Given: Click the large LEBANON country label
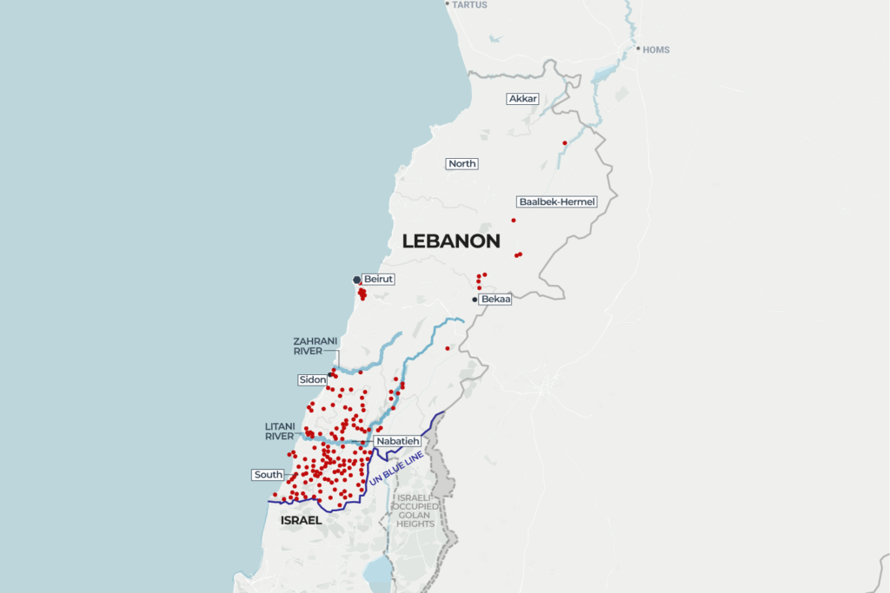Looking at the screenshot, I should point(451,241).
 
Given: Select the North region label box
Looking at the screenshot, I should point(462,163).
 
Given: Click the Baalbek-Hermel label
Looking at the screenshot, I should point(556,201).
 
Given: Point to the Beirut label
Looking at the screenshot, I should point(378,279).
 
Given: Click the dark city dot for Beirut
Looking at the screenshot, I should point(356,280).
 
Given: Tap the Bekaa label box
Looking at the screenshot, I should point(495,299).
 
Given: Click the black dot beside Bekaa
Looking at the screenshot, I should point(475,300).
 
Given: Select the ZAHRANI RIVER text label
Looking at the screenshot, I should point(314,346).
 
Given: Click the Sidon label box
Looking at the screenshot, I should point(311,379).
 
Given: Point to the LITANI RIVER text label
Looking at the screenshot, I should point(285,431).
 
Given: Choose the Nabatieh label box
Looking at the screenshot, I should point(398,441).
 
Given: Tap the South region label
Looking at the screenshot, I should point(269,475).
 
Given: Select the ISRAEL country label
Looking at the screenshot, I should point(301,520).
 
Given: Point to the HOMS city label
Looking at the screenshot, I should point(656,49).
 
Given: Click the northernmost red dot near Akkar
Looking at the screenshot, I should point(565,142).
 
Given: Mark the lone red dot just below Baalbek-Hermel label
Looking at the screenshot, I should point(514,221).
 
